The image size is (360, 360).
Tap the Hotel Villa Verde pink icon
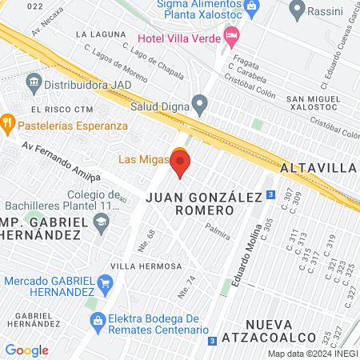231,34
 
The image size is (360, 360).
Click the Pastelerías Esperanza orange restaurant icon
8,125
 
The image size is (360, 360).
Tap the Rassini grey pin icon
298,10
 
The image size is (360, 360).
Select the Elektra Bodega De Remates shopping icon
98,322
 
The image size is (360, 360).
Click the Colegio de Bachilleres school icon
101,226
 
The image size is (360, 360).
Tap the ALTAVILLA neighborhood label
318,168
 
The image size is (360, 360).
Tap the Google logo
26,350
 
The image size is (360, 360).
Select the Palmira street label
217,234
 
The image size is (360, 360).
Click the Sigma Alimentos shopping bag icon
252,6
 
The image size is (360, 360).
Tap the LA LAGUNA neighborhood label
100,34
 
